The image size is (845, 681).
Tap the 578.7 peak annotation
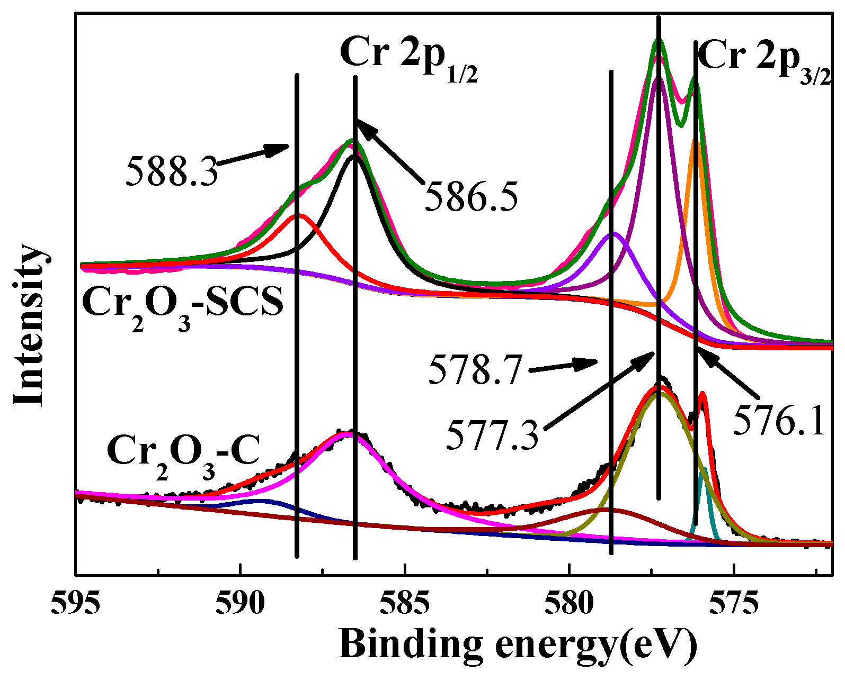tap(475, 370)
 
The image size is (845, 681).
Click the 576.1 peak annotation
tap(779, 421)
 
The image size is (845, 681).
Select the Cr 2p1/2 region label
tap(410, 55)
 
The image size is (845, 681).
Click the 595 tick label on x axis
tap(76, 604)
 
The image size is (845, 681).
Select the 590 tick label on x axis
tap(240, 604)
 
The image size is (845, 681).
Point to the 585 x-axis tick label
tap(405, 604)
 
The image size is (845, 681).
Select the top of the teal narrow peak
tap(703, 469)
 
